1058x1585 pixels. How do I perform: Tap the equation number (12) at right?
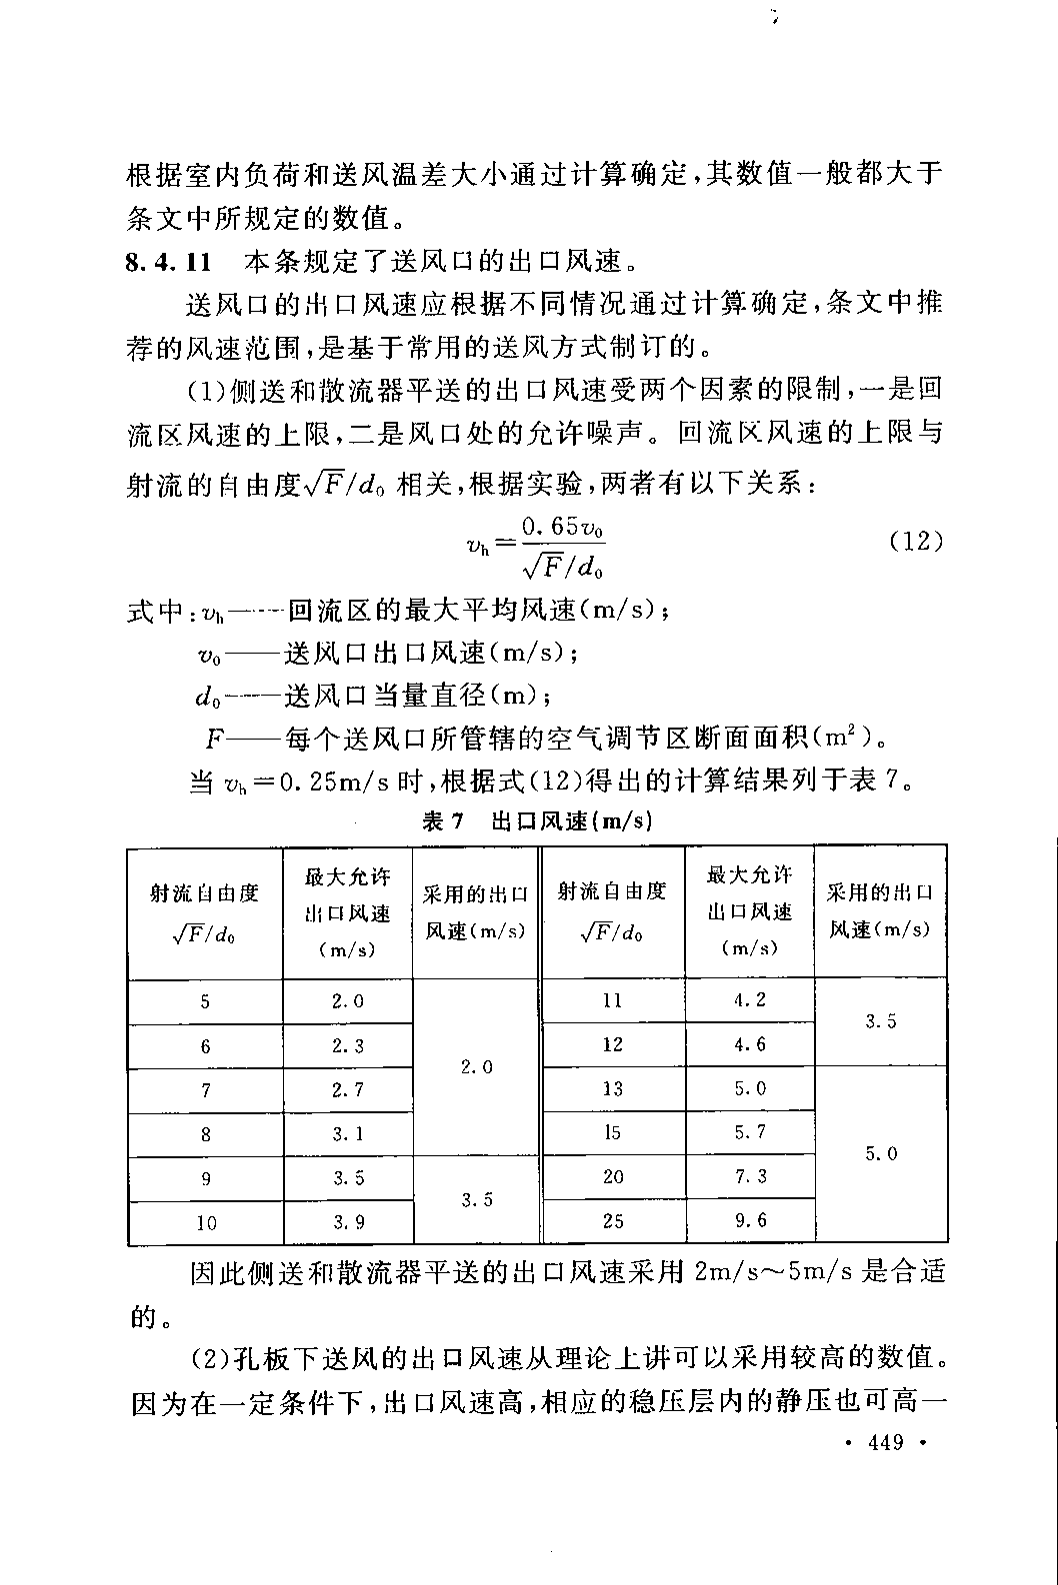pyautogui.click(x=916, y=542)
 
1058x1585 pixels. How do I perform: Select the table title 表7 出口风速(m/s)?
pyautogui.click(x=537, y=821)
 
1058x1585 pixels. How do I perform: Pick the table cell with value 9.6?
pyautogui.click(x=750, y=1220)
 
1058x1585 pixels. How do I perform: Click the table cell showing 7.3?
pyautogui.click(x=750, y=1176)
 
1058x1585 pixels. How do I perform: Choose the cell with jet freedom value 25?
pyautogui.click(x=613, y=1220)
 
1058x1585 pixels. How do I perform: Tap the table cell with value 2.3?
pyautogui.click(x=348, y=1046)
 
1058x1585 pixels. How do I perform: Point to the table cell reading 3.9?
pyautogui.click(x=348, y=1222)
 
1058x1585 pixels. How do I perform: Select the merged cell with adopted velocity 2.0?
pyautogui.click(x=477, y=1067)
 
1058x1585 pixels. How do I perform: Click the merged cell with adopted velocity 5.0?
pyautogui.click(x=881, y=1153)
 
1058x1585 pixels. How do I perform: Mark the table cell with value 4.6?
pyautogui.click(x=750, y=1044)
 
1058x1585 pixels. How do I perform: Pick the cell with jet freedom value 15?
pyautogui.click(x=613, y=1132)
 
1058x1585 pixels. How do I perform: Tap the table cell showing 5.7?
pyautogui.click(x=750, y=1132)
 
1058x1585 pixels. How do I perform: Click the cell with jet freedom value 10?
pyautogui.click(x=206, y=1222)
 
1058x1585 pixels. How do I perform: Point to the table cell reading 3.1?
pyautogui.click(x=348, y=1134)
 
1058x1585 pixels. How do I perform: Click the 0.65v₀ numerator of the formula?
pyautogui.click(x=564, y=526)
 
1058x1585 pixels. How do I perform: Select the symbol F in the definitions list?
pyautogui.click(x=215, y=740)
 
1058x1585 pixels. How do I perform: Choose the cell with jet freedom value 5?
pyautogui.click(x=206, y=1001)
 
